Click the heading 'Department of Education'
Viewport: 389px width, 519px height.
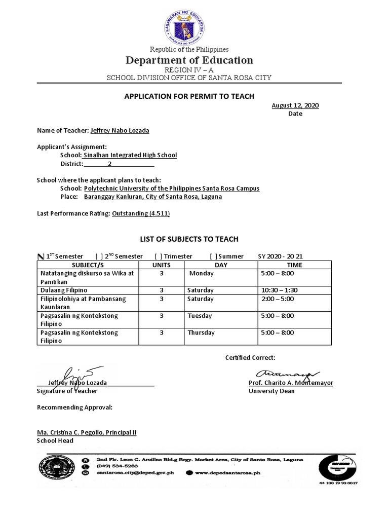click(189, 60)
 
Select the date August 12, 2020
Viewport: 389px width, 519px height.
click(295, 105)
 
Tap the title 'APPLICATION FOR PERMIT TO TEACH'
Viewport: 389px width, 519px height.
click(189, 96)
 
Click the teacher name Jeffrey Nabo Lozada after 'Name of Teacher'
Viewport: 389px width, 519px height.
click(120, 130)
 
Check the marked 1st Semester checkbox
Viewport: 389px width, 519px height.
click(41, 256)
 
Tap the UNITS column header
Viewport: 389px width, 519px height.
click(162, 265)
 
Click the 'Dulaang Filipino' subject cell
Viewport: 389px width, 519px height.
click(60, 290)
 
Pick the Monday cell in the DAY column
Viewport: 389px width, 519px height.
click(201, 273)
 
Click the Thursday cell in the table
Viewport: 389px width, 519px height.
click(201, 332)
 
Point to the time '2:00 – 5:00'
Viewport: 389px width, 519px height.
click(277, 299)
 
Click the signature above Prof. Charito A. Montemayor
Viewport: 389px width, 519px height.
click(287, 373)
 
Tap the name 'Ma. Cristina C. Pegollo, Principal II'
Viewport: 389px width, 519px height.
click(87, 432)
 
